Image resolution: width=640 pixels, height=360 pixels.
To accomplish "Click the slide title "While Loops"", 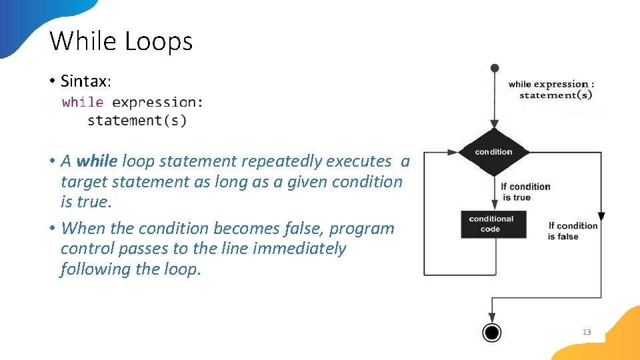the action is coord(121,41).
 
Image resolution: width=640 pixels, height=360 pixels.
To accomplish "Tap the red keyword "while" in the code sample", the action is coord(83,102).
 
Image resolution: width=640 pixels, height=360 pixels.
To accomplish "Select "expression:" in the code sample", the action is coord(158,102).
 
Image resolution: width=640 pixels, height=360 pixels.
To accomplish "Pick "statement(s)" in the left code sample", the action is coord(137,121).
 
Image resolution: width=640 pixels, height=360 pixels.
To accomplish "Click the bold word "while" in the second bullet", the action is coord(97,161).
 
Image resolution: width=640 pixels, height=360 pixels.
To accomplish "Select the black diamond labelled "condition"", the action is coord(494,152).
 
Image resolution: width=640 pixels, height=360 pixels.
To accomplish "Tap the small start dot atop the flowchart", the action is coord(494,68).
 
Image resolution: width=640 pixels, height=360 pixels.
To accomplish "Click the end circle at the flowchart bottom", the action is coord(492,332).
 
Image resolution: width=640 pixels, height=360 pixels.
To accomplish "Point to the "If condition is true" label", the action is coord(525,192).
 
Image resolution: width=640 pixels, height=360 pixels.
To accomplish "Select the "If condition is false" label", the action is coord(573,231).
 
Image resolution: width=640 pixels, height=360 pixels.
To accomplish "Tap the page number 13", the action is coord(587,332).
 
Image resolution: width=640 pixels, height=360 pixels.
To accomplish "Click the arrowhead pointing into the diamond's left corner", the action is coord(456,152).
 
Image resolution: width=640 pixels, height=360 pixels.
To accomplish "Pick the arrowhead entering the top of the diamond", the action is coord(494,124).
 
